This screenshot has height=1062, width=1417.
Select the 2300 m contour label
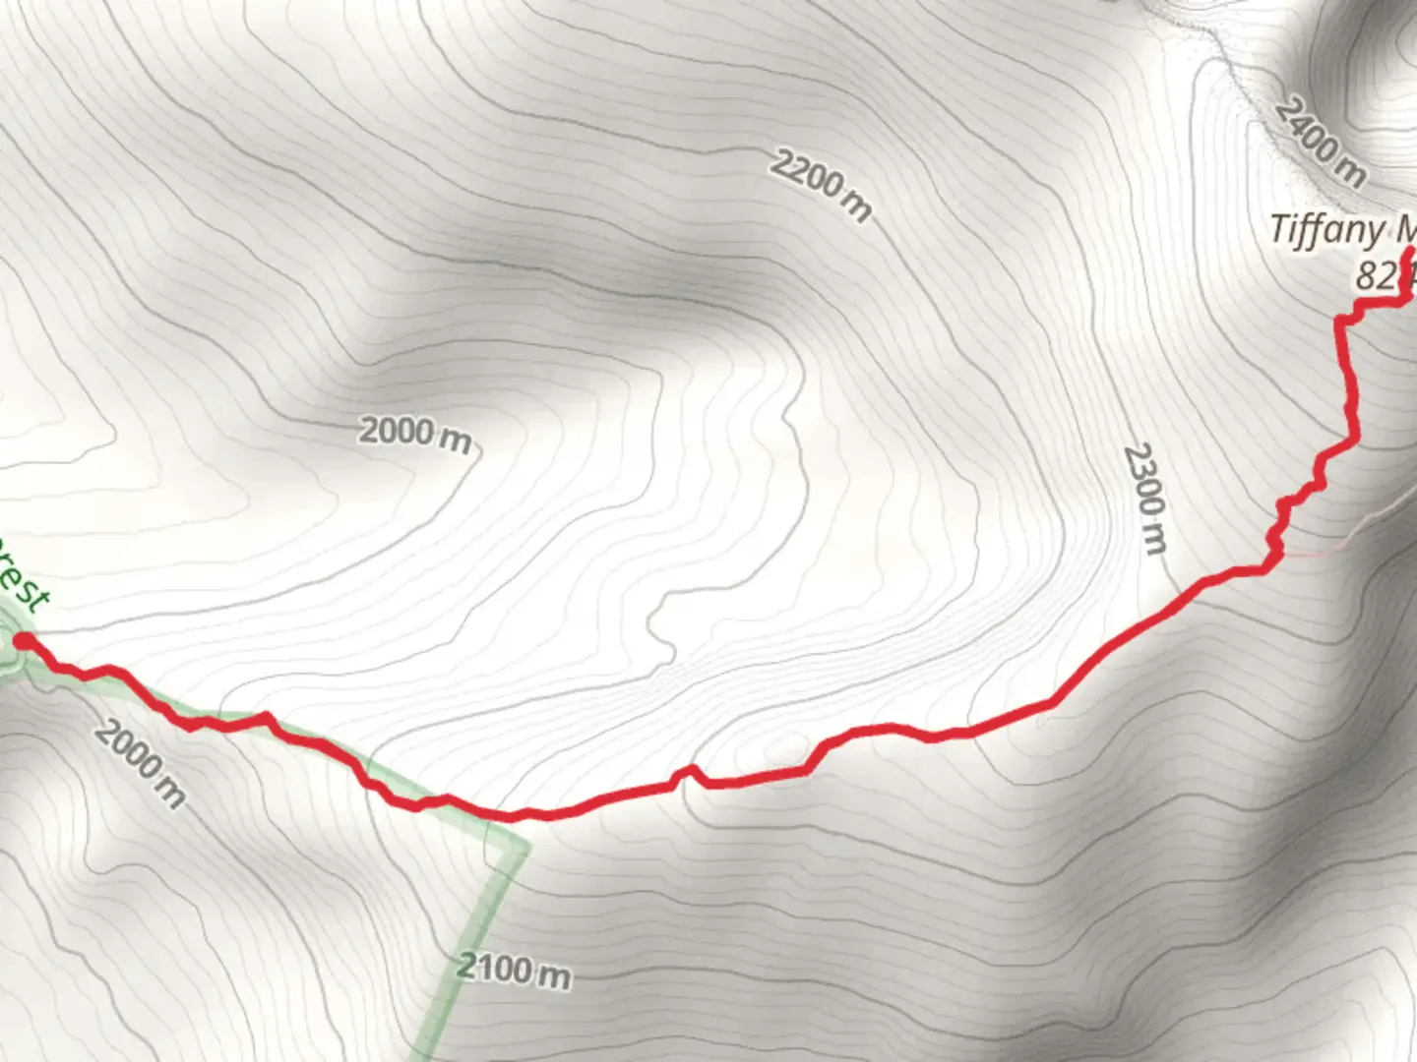1145,498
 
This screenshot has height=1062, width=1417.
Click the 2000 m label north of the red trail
414,433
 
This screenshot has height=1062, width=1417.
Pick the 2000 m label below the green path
141,764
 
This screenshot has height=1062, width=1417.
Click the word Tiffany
1325,230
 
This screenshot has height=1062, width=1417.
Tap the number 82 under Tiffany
1374,276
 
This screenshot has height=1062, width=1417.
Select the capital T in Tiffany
1278,230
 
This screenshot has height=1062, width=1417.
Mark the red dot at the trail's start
22,642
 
